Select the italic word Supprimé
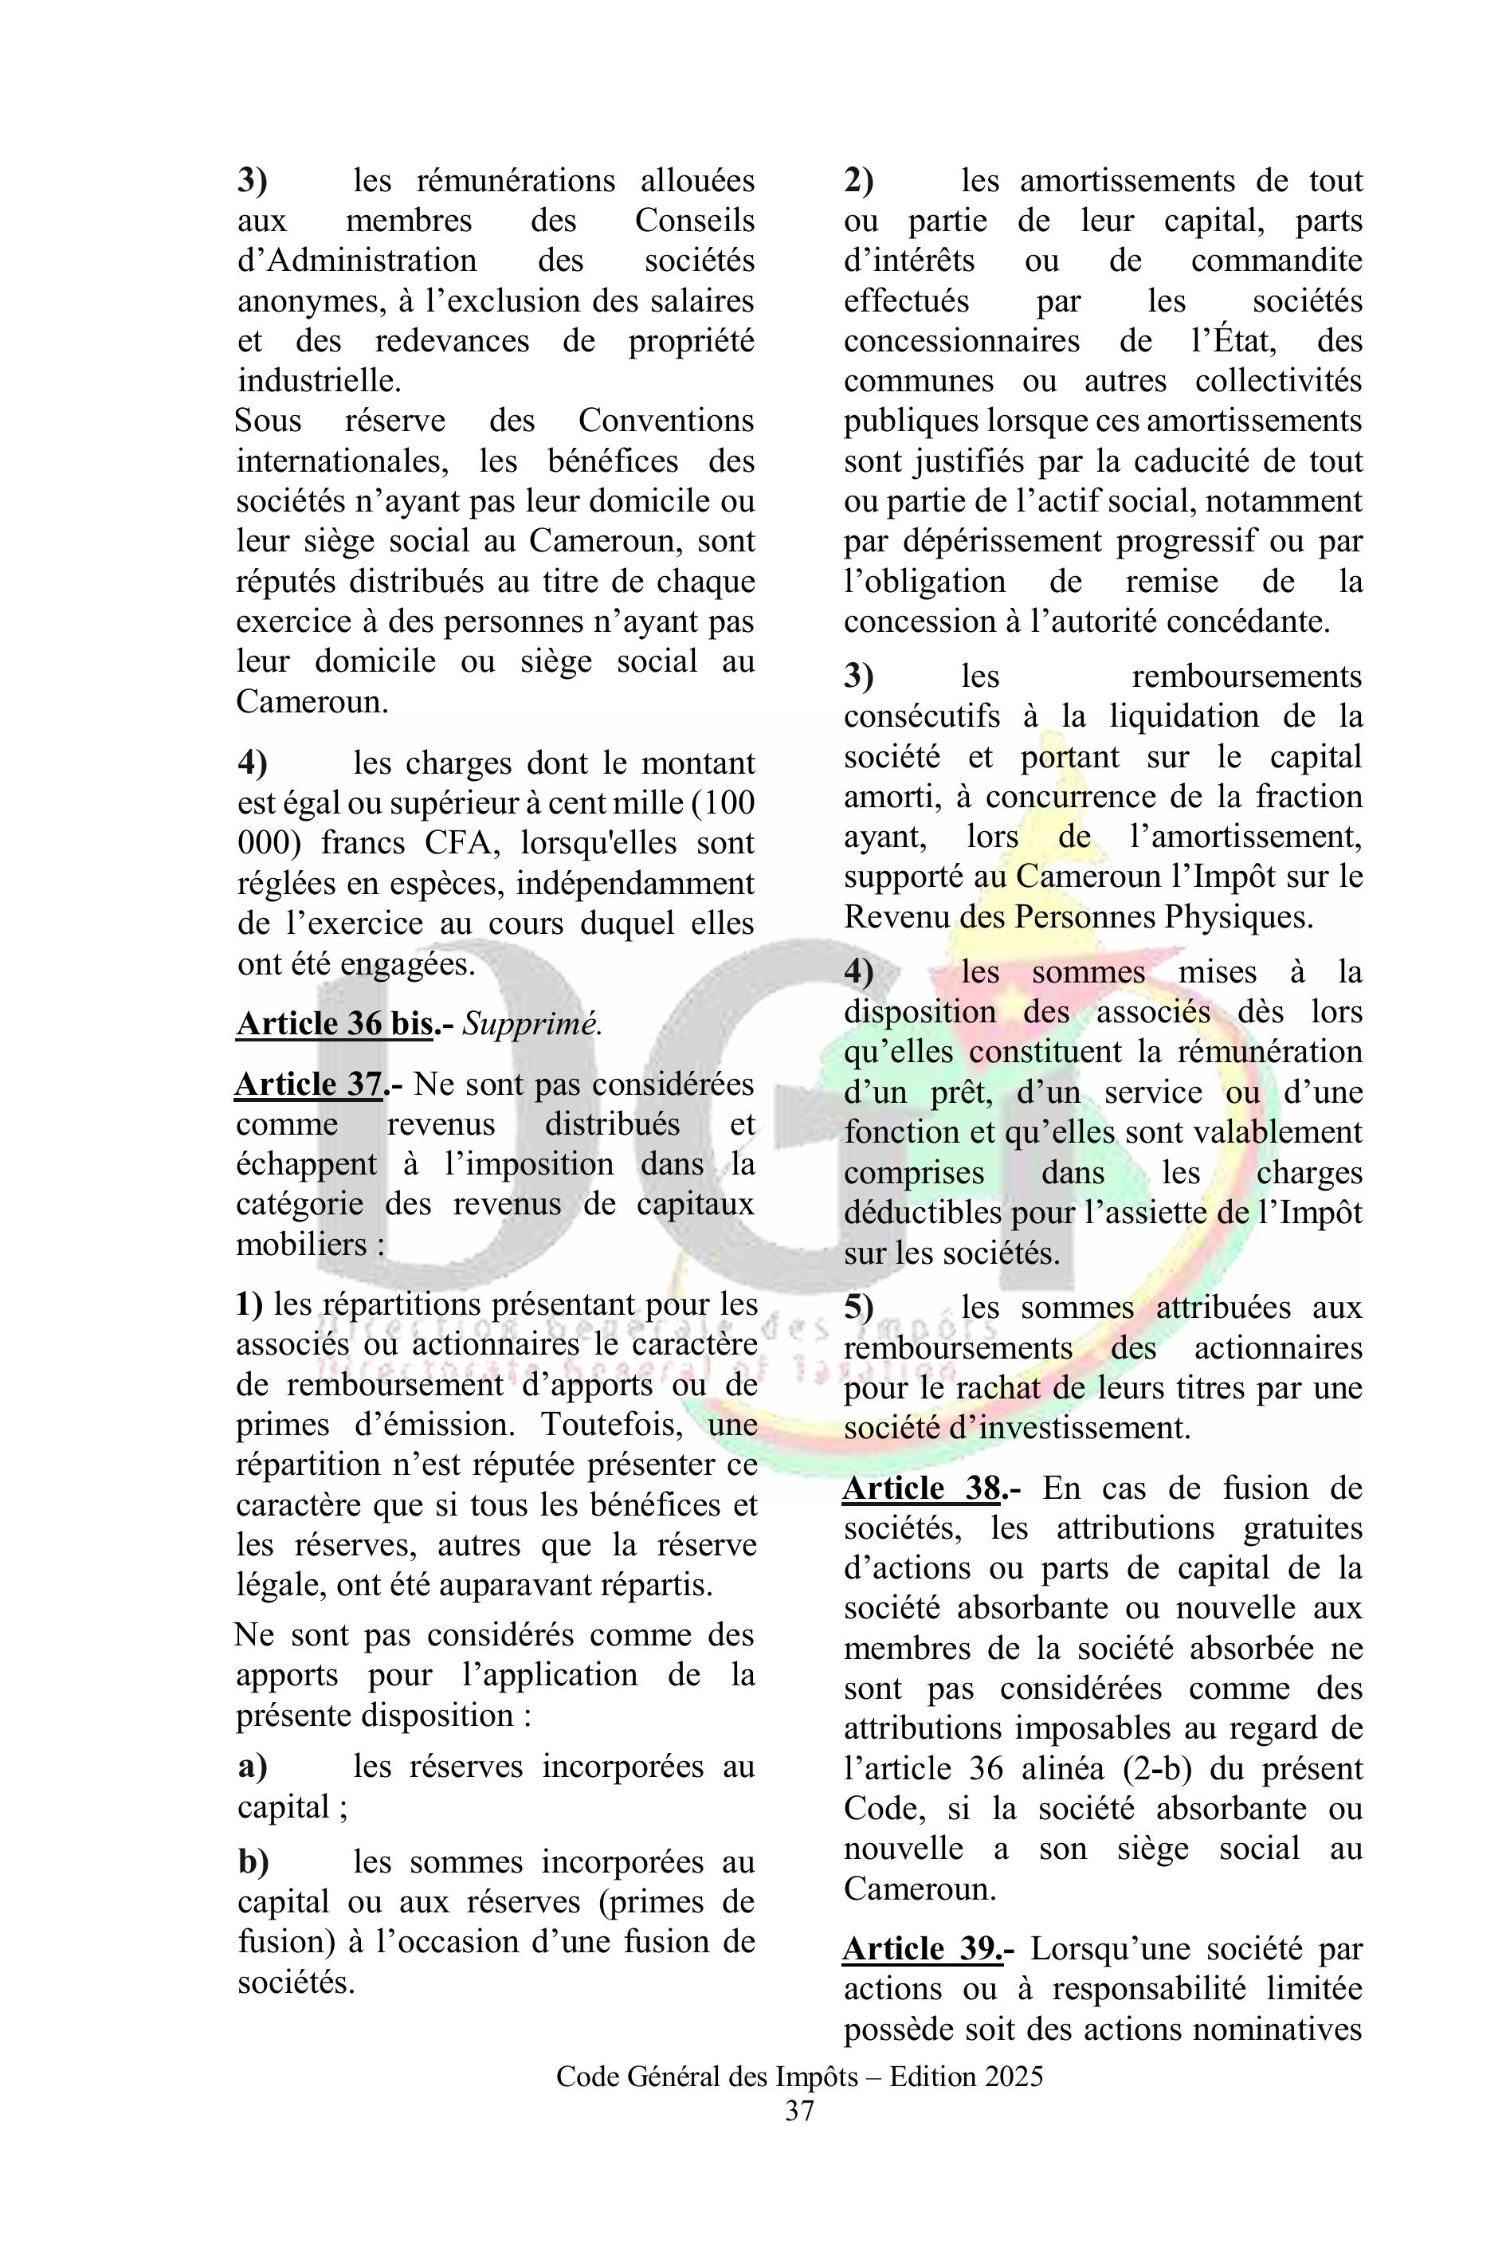(532, 1025)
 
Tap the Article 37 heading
(310, 1084)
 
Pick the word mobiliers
(301, 1245)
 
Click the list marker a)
(253, 1767)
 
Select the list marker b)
(253, 1862)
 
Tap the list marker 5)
(859, 1308)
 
